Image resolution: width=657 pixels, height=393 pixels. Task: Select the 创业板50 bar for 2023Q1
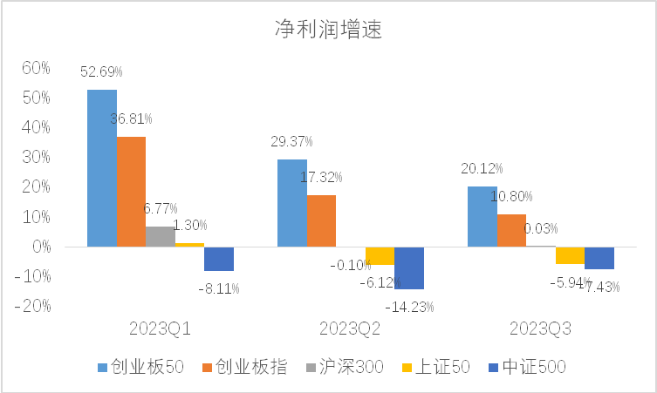(101, 168)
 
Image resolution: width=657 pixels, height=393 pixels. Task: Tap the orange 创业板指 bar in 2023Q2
(321, 220)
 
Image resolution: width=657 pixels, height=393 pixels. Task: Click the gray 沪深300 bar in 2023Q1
(161, 237)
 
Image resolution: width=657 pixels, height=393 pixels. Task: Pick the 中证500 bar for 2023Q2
(409, 268)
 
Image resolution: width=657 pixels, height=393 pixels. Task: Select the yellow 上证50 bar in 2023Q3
(570, 255)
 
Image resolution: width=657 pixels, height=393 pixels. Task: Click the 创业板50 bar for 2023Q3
(482, 216)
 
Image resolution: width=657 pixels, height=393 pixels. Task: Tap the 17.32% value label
(322, 177)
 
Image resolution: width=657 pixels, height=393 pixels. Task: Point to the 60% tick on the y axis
(36, 67)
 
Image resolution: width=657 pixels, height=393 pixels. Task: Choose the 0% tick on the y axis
(40, 247)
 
